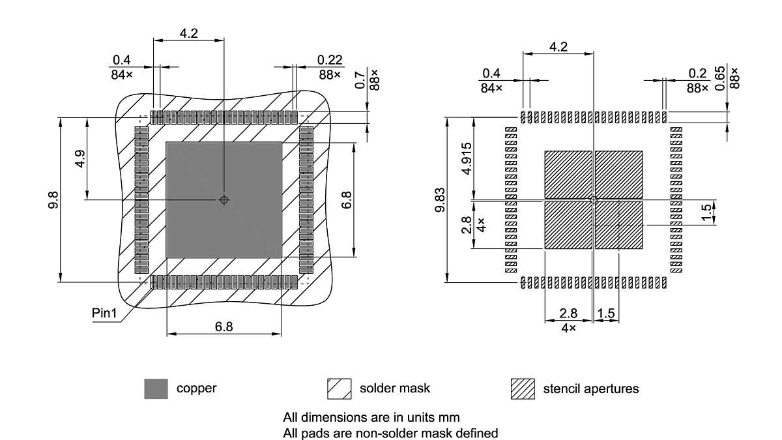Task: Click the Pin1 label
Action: coord(104,314)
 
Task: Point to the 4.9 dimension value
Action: coord(80,160)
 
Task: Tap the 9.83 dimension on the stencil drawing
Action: coord(441,199)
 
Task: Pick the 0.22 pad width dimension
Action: coord(330,60)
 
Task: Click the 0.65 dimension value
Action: coord(721,78)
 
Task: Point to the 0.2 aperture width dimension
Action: coord(697,74)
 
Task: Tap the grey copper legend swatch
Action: coord(156,389)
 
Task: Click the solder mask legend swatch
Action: coord(339,389)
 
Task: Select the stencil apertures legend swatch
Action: coord(523,389)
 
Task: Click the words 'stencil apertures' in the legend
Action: coord(591,389)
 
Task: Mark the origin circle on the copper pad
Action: coord(224,199)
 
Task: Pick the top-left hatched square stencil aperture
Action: coord(568,174)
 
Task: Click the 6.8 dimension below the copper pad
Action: coord(224,327)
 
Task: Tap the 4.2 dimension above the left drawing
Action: coord(189,33)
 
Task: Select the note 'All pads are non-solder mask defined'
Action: coord(390,433)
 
